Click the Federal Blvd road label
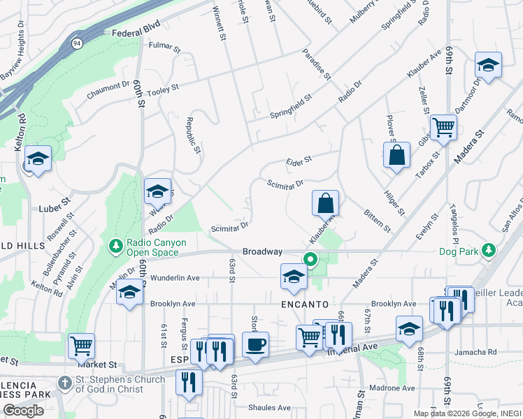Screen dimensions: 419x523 (x=133, y=29)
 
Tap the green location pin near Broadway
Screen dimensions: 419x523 (x=310, y=260)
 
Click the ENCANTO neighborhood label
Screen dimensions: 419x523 (x=305, y=304)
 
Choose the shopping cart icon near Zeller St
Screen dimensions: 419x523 (x=443, y=128)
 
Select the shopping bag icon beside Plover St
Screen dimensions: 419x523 (x=396, y=155)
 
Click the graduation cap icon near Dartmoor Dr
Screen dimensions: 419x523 (x=488, y=66)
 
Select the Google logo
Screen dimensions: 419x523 (x=23, y=411)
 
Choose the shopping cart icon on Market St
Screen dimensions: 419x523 (x=81, y=346)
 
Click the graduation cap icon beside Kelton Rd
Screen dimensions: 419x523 (x=38, y=159)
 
